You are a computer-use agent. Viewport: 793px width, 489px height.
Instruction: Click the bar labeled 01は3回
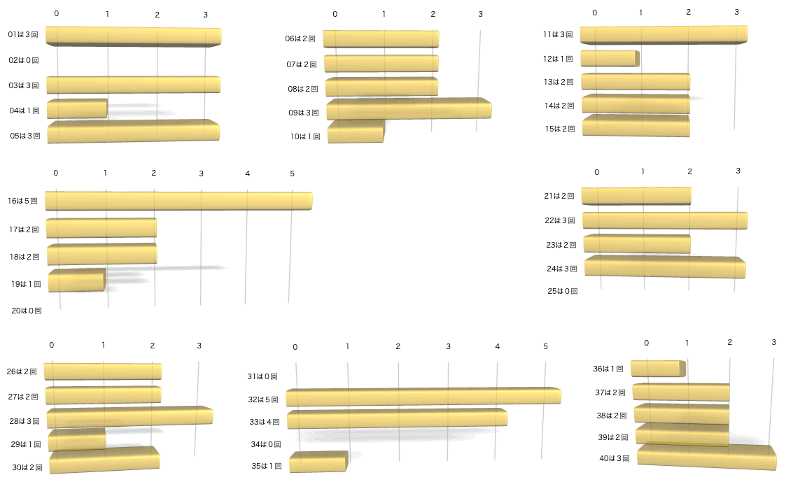tap(133, 37)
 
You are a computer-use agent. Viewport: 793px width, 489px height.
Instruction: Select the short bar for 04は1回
tap(77, 109)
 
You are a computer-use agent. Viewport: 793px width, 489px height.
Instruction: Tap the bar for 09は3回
tap(409, 110)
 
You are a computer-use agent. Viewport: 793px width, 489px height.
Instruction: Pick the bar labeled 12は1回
tap(609, 59)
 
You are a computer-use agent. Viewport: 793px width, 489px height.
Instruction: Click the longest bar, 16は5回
tap(178, 201)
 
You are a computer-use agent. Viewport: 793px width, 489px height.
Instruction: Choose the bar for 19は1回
tap(76, 281)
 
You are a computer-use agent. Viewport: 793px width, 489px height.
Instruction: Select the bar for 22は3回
tap(664, 220)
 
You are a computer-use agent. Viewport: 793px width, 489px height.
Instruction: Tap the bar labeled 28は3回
tap(129, 417)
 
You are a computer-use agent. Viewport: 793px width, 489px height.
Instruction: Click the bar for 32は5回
tap(423, 397)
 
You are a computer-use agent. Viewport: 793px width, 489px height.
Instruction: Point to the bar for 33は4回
tap(397, 420)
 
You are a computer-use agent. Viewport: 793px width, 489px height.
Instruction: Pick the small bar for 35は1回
tap(318, 462)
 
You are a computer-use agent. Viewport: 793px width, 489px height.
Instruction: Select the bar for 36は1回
tap(657, 369)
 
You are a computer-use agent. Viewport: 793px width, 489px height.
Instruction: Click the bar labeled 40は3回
tap(706, 458)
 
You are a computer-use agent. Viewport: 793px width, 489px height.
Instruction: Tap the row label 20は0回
tap(27, 310)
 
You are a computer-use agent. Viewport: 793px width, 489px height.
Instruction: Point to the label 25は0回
tap(563, 291)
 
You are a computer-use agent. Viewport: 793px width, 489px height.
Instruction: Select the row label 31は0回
tap(263, 376)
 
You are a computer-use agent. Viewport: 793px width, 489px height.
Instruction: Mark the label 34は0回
tap(266, 444)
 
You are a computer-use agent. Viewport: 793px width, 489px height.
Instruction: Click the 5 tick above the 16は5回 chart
tap(293, 173)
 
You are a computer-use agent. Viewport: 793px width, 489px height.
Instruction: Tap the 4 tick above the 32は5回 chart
tap(498, 346)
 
